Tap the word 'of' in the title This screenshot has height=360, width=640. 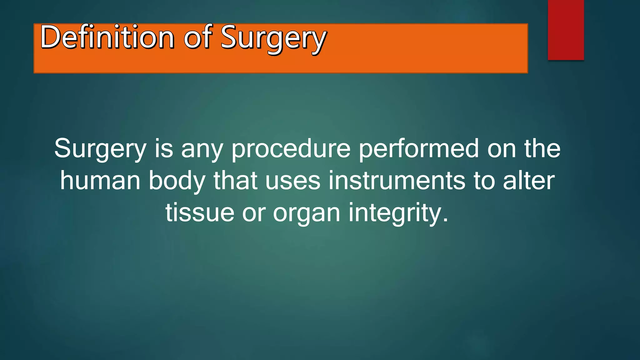pos(198,37)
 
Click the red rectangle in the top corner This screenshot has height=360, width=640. pos(566,30)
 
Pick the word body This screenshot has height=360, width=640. pos(177,181)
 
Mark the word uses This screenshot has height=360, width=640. pos(293,181)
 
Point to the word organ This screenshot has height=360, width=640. pos(307,214)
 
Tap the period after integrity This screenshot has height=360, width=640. pos(445,220)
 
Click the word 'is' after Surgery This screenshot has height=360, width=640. pos(164,148)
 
